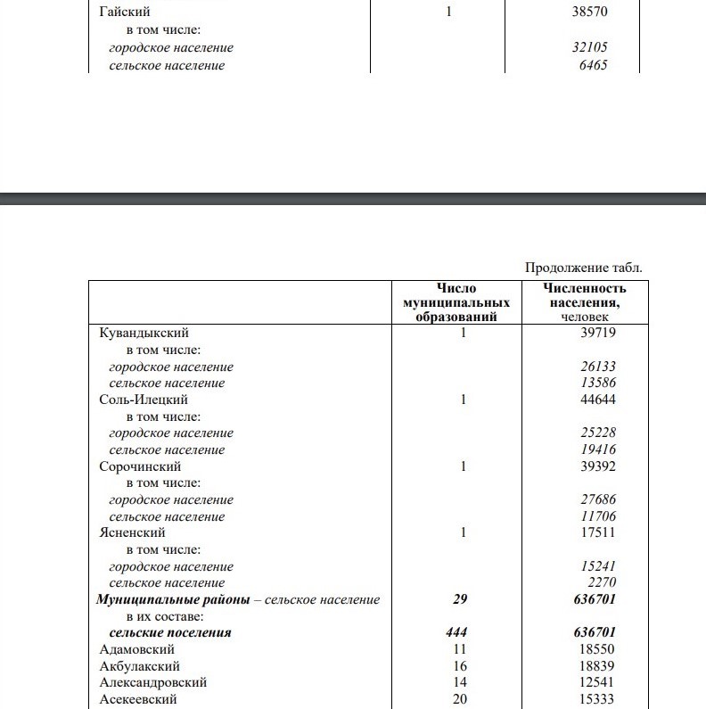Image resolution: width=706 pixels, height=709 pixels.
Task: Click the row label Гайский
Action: pyautogui.click(x=124, y=13)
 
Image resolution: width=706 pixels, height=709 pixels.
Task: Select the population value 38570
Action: pyautogui.click(x=590, y=13)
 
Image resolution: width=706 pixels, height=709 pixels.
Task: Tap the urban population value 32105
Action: pyautogui.click(x=590, y=47)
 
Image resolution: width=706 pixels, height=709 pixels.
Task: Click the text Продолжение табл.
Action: pyautogui.click(x=583, y=268)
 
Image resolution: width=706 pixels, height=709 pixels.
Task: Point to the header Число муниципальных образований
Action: pyautogui.click(x=456, y=302)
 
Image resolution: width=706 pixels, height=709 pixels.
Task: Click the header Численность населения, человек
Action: pyautogui.click(x=584, y=302)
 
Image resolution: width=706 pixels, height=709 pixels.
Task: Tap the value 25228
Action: pyautogui.click(x=597, y=433)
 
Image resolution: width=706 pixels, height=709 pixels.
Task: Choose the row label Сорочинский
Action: pyautogui.click(x=140, y=466)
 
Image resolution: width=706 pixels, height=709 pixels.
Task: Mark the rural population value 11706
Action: pyautogui.click(x=597, y=516)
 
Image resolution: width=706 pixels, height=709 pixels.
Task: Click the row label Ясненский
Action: pyautogui.click(x=132, y=532)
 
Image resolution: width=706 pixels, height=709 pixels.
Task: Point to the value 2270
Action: pyautogui.click(x=602, y=583)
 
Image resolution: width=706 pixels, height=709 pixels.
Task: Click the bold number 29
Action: pyautogui.click(x=459, y=599)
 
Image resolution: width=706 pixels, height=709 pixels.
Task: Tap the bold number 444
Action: pyautogui.click(x=456, y=632)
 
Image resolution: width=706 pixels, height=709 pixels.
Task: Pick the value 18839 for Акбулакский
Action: pyautogui.click(x=596, y=666)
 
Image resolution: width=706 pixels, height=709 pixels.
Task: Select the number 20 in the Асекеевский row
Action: pyautogui.click(x=459, y=699)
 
